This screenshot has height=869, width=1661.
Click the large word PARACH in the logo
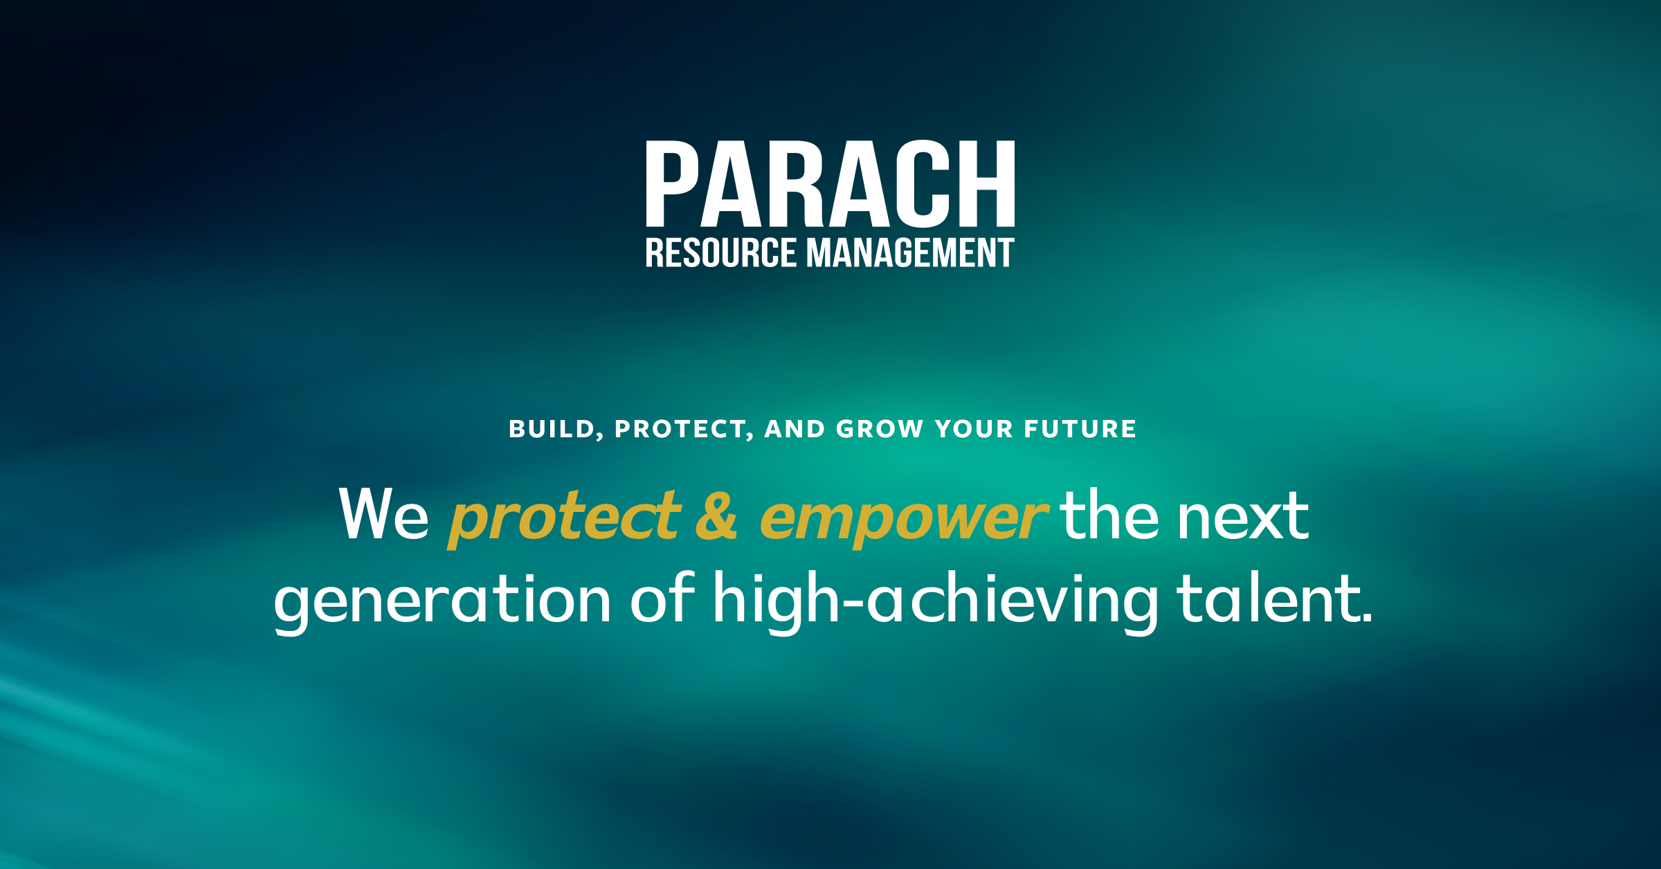pos(830,184)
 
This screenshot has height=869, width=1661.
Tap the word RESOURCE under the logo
pos(720,253)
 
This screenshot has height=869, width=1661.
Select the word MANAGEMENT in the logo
pos(910,253)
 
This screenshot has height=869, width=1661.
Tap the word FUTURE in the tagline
pos(1080,429)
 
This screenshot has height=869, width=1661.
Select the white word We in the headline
pos(384,515)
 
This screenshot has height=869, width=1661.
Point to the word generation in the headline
pos(442,601)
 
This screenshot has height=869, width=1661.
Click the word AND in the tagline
pos(795,429)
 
